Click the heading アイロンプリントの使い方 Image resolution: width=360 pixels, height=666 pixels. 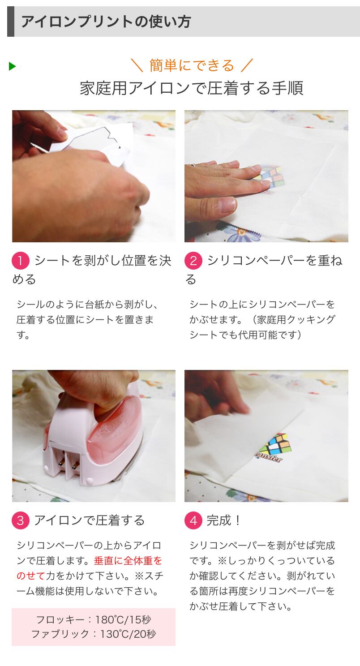pyautogui.click(x=106, y=21)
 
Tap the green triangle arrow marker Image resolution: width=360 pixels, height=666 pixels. pyautogui.click(x=12, y=66)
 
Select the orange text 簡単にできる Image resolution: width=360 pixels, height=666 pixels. pyautogui.click(x=192, y=65)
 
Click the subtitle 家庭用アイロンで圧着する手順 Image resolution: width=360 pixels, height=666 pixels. pyautogui.click(x=192, y=88)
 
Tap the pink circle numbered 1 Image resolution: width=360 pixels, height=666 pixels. pyautogui.click(x=20, y=261)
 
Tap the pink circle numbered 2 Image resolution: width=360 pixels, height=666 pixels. pyautogui.click(x=193, y=261)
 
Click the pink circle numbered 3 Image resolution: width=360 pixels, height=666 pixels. pyautogui.click(x=20, y=520)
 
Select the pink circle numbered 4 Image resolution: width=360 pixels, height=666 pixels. pyautogui.click(x=193, y=520)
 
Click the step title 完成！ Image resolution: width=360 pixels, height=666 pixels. pyautogui.click(x=223, y=520)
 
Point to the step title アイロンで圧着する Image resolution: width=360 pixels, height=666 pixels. pyautogui.click(x=90, y=520)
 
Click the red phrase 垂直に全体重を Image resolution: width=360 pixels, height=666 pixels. pyautogui.click(x=128, y=560)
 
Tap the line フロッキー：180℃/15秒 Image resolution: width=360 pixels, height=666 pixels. pyautogui.click(x=94, y=619)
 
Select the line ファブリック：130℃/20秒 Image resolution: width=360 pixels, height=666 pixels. pyautogui.click(x=94, y=634)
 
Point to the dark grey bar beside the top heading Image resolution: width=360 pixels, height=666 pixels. pyautogui.click(x=11, y=21)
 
